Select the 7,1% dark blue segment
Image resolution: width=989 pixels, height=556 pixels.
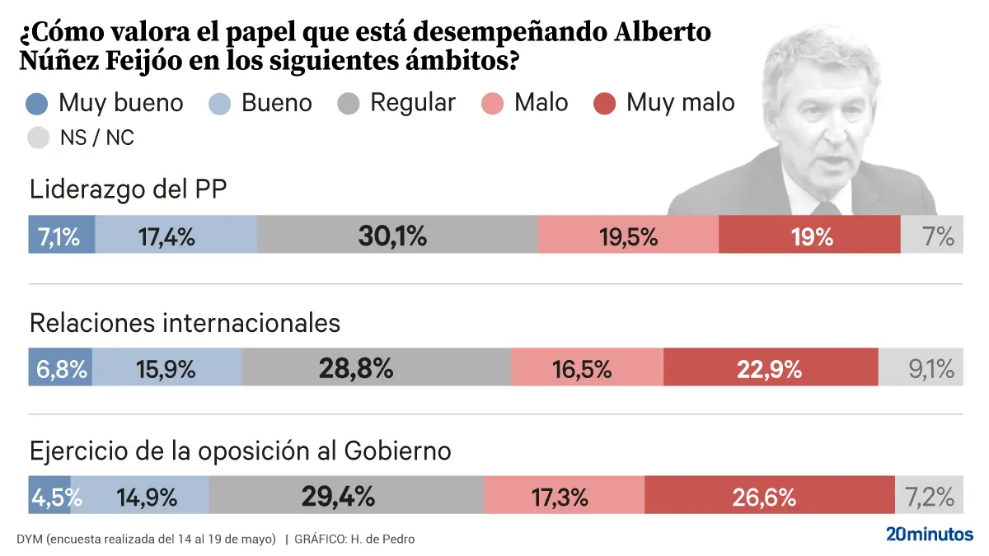tap(61, 236)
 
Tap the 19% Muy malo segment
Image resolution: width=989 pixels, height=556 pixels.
tap(809, 236)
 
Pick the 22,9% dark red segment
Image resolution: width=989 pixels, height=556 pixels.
tap(771, 368)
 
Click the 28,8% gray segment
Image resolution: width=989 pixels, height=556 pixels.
tap(376, 368)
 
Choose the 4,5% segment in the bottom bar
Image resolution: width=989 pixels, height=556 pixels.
tap(49, 497)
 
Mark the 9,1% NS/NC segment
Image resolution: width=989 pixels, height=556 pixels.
tap(921, 368)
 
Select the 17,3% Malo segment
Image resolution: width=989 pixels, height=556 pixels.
tap(564, 497)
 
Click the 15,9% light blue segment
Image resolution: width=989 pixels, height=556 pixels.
tap(166, 368)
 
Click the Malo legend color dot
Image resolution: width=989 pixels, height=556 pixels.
tap(492, 103)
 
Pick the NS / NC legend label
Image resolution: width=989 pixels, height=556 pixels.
tap(96, 138)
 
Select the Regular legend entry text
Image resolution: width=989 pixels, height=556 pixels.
tap(412, 103)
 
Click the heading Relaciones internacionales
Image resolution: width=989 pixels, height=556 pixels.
tap(185, 323)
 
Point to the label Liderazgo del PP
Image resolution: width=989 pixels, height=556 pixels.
tap(128, 189)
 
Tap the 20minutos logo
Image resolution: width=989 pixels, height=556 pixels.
tap(929, 534)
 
